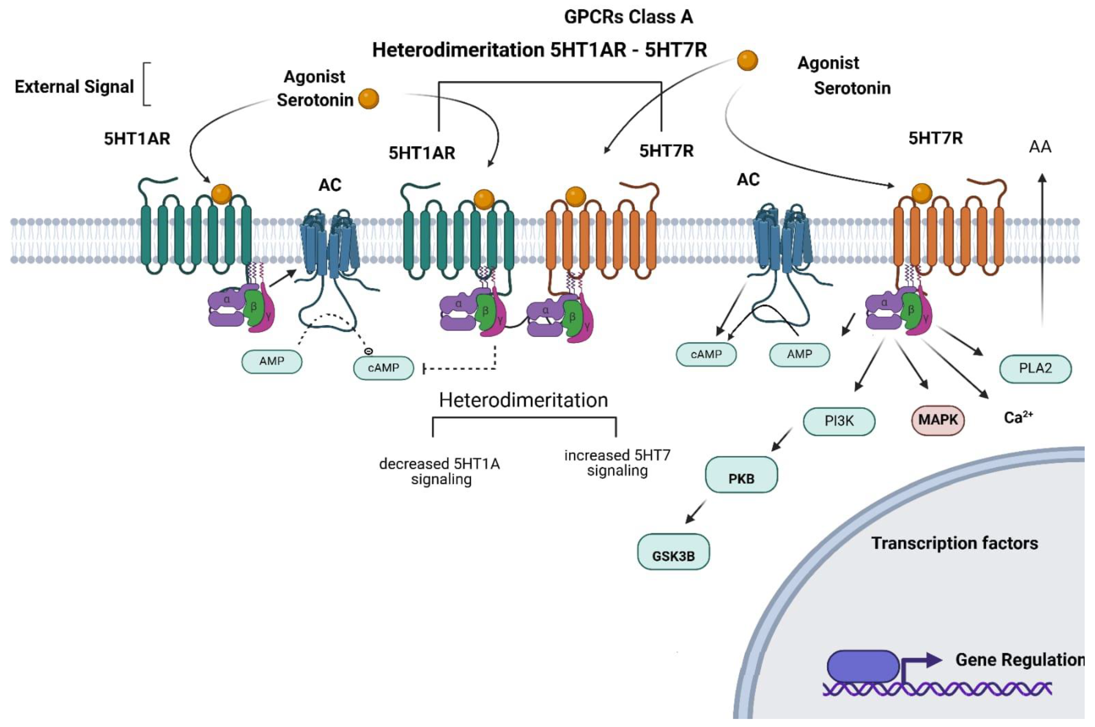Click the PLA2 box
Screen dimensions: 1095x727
pyautogui.click(x=1035, y=369)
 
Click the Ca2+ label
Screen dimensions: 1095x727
pyautogui.click(x=1018, y=417)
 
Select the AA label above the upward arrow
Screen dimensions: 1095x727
pyautogui.click(x=1040, y=147)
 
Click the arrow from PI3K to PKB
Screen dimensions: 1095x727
pyautogui.click(x=782, y=439)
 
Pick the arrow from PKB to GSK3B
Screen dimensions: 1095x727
pyautogui.click(x=696, y=511)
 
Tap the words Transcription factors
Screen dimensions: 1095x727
pyautogui.click(x=954, y=543)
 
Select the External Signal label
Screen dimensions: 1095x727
pyautogui.click(x=74, y=87)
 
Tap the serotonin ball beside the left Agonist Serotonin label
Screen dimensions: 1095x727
pyautogui.click(x=369, y=99)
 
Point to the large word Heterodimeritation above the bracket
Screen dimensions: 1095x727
pyautogui.click(x=524, y=400)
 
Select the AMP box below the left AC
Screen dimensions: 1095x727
pyautogui.click(x=272, y=361)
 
